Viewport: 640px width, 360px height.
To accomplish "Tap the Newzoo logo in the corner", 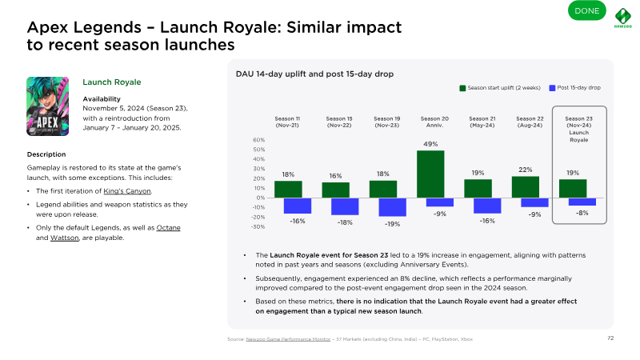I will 625,18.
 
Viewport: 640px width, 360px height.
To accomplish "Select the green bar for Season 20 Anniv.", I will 430,174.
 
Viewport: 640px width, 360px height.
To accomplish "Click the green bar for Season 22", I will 526,186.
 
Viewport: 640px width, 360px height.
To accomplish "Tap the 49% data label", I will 430,144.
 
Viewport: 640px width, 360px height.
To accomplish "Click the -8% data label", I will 582,213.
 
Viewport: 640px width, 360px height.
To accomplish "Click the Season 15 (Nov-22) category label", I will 336,122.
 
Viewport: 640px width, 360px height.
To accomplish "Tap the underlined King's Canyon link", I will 129,190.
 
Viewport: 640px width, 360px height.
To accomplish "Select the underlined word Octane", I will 169,228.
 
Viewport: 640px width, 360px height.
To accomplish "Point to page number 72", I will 610,338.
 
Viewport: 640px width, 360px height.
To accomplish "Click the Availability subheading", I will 102,98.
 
